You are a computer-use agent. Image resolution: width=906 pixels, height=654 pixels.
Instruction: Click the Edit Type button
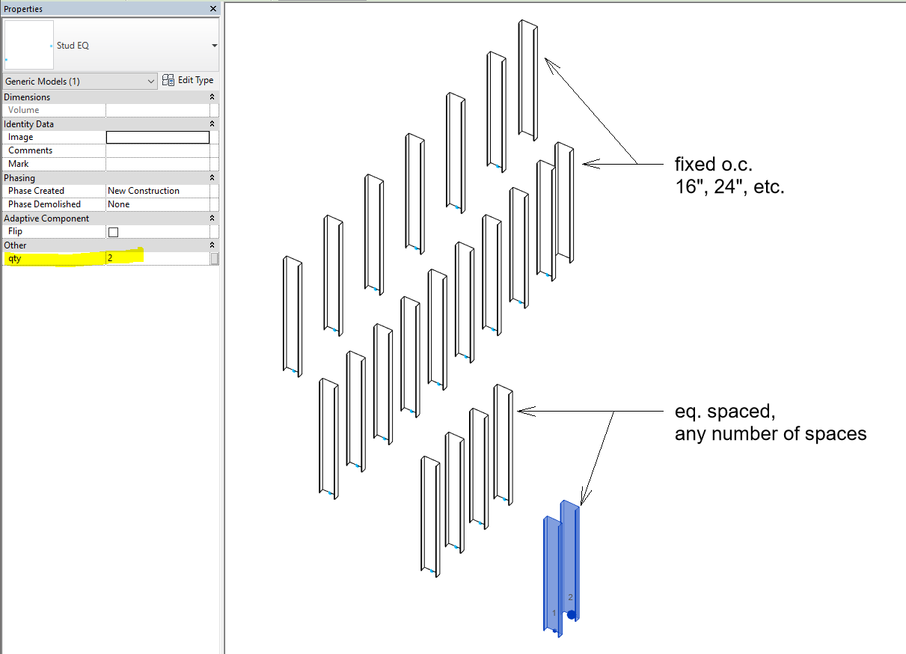(x=188, y=80)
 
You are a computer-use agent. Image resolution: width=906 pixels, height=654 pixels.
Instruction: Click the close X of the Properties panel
(x=213, y=9)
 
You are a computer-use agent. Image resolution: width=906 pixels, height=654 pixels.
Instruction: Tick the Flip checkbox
(x=114, y=232)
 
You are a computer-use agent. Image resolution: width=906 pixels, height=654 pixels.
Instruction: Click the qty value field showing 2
(x=157, y=258)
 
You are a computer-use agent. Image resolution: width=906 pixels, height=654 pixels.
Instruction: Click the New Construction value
(x=144, y=191)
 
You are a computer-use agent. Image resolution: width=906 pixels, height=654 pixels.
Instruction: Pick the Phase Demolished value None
(x=119, y=204)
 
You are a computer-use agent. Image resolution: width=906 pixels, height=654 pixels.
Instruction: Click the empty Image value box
(x=158, y=137)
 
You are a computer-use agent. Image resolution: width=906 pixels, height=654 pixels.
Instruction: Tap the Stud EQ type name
(x=73, y=46)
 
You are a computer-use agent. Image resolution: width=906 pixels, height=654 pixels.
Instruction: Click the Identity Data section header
(x=29, y=124)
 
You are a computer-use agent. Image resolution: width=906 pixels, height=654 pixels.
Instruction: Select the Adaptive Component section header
(x=46, y=218)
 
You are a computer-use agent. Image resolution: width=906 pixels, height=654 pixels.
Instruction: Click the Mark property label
(x=19, y=164)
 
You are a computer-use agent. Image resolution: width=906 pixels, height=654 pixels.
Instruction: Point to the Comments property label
(x=31, y=150)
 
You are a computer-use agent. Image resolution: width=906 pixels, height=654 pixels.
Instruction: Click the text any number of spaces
(x=770, y=433)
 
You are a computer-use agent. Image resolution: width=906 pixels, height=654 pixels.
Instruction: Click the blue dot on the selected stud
(x=572, y=615)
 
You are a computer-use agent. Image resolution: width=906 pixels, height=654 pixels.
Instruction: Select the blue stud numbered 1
(x=551, y=576)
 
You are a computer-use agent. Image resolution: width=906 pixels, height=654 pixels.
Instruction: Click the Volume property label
(x=24, y=110)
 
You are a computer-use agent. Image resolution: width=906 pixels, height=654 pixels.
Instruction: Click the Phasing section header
(x=20, y=178)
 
